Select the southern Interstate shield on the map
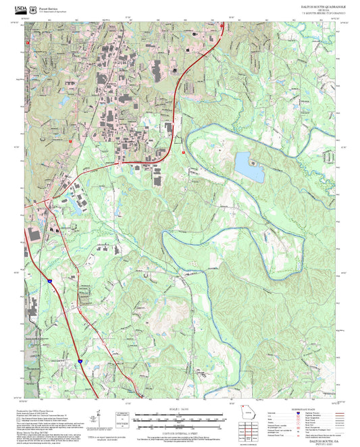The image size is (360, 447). (x=78, y=362)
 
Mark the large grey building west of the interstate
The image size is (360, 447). (x=33, y=234)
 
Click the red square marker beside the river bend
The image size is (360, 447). (x=182, y=153)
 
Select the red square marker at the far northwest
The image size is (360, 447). (x=27, y=43)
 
